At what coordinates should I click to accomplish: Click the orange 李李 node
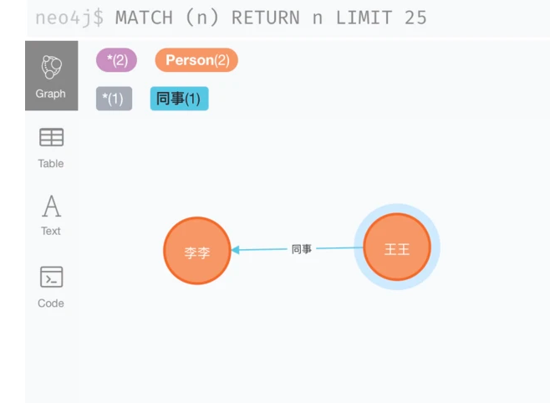click(x=196, y=251)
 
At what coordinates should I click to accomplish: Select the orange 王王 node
click(x=397, y=248)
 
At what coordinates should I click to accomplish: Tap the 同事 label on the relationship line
click(x=302, y=249)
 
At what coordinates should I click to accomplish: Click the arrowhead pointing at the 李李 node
click(x=237, y=249)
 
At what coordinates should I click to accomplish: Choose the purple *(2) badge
click(x=116, y=60)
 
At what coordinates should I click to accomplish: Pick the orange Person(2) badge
click(x=196, y=60)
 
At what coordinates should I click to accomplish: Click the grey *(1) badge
click(x=114, y=99)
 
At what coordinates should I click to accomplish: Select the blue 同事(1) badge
click(x=179, y=99)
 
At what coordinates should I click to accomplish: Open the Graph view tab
click(x=51, y=76)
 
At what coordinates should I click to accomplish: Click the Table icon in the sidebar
click(x=51, y=137)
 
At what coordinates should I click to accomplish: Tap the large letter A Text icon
click(x=51, y=206)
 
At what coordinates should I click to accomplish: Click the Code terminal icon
click(x=51, y=277)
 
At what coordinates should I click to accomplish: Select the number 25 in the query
click(x=415, y=18)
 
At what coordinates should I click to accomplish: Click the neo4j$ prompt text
click(x=69, y=18)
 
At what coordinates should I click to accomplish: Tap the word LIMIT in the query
click(x=364, y=18)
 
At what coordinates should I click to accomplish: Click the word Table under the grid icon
click(x=51, y=163)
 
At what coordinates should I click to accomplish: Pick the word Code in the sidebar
click(x=51, y=304)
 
